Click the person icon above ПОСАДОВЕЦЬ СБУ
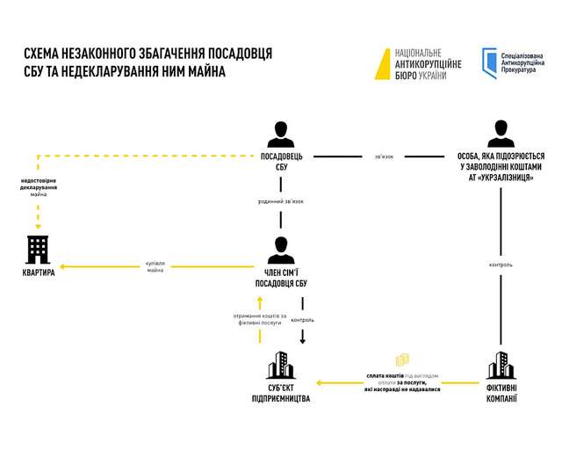click(x=280, y=134)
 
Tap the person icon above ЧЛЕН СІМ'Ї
click(x=280, y=249)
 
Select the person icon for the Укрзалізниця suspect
click(x=501, y=134)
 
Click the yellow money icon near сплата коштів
click(x=403, y=361)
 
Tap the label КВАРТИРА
click(x=39, y=272)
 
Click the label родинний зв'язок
click(x=280, y=202)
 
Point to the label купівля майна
click(x=155, y=265)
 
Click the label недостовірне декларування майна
click(x=39, y=189)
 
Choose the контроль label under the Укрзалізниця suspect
click(x=501, y=265)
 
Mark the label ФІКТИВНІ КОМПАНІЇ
click(x=501, y=393)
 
